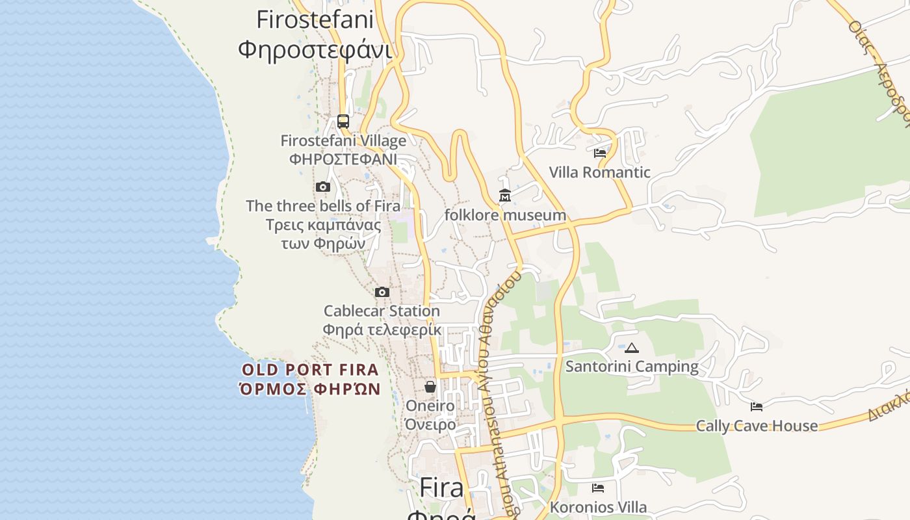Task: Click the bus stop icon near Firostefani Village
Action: pyautogui.click(x=343, y=122)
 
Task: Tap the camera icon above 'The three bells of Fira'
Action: pyautogui.click(x=323, y=187)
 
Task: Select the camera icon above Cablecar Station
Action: pyautogui.click(x=382, y=292)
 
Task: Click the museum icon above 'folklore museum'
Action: pyautogui.click(x=505, y=195)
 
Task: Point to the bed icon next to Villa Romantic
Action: pyautogui.click(x=600, y=153)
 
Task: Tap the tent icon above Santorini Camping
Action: pyautogui.click(x=632, y=348)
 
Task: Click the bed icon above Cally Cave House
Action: pyautogui.click(x=757, y=407)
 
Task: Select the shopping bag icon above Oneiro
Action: pyautogui.click(x=430, y=387)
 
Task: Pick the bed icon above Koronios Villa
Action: pyautogui.click(x=598, y=488)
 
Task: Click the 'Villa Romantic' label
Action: pyautogui.click(x=599, y=172)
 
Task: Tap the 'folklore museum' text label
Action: pyautogui.click(x=505, y=215)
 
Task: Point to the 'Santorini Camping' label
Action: pyautogui.click(x=632, y=367)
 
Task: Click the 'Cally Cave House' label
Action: pyautogui.click(x=757, y=426)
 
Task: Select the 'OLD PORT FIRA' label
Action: pyautogui.click(x=310, y=370)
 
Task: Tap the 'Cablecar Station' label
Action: pyautogui.click(x=382, y=311)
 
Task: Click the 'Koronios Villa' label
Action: pyautogui.click(x=598, y=507)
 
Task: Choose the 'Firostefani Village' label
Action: pyautogui.click(x=343, y=140)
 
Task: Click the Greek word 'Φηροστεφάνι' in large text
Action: pyautogui.click(x=315, y=49)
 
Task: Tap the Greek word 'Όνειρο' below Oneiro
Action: pyautogui.click(x=430, y=424)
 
